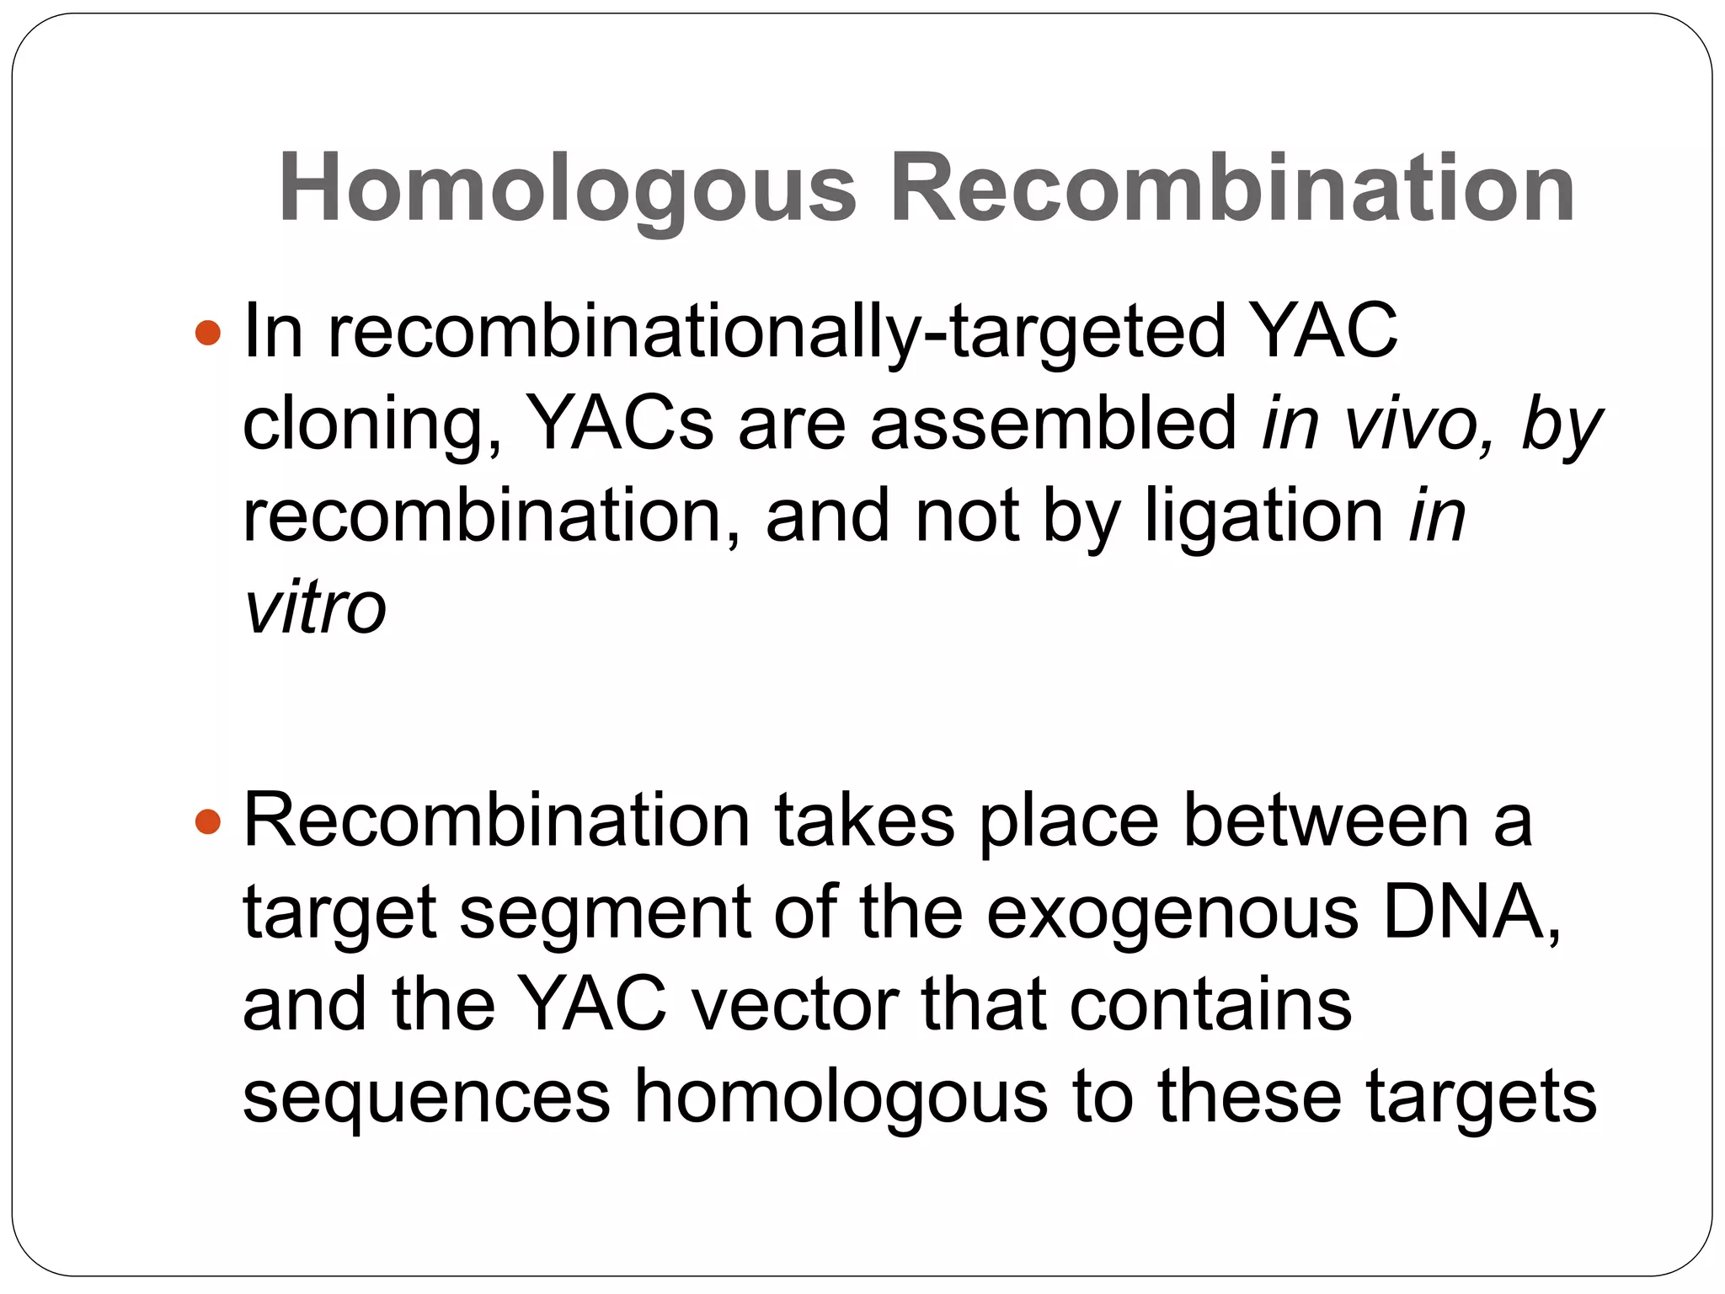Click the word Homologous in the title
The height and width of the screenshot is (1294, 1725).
(567, 189)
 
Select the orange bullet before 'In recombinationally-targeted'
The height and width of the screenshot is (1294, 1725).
(207, 333)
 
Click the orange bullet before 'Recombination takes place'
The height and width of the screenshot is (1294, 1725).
(207, 821)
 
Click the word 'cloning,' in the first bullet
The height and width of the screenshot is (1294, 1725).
(371, 425)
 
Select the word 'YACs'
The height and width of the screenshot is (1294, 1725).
(619, 424)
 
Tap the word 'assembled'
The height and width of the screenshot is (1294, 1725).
(1053, 424)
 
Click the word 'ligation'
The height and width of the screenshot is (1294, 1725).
(1263, 516)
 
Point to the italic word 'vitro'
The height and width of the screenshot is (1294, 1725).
(314, 608)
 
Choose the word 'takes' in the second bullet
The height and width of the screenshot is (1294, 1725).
(864, 821)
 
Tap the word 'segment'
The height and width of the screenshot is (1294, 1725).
(605, 916)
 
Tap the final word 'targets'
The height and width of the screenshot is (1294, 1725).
(1481, 1099)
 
